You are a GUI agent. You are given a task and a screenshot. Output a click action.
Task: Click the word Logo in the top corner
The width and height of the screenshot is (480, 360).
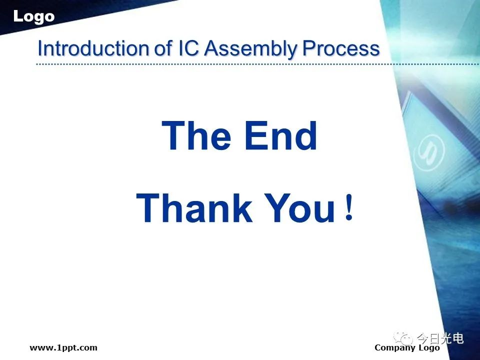(x=33, y=16)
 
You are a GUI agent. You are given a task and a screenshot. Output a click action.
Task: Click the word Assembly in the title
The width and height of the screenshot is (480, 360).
(x=250, y=49)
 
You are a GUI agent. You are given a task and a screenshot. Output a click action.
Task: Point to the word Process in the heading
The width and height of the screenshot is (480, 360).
(x=341, y=48)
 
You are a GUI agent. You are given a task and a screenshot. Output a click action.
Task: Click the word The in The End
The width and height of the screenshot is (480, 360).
(x=196, y=135)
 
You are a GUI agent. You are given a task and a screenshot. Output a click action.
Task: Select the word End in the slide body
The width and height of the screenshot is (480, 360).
(x=280, y=135)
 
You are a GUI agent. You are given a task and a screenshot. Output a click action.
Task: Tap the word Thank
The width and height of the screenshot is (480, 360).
(x=194, y=208)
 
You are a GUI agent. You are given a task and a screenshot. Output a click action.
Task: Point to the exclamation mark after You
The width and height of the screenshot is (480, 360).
(x=348, y=208)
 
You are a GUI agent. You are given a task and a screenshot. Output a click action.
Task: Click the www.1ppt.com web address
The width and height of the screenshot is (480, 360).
(x=63, y=348)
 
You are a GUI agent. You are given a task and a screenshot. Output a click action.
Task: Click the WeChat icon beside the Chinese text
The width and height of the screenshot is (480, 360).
(x=403, y=338)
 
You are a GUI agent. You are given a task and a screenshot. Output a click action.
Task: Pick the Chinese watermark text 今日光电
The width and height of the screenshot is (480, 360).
(x=440, y=338)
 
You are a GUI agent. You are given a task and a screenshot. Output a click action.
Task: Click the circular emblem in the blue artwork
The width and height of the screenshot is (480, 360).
(x=428, y=152)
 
